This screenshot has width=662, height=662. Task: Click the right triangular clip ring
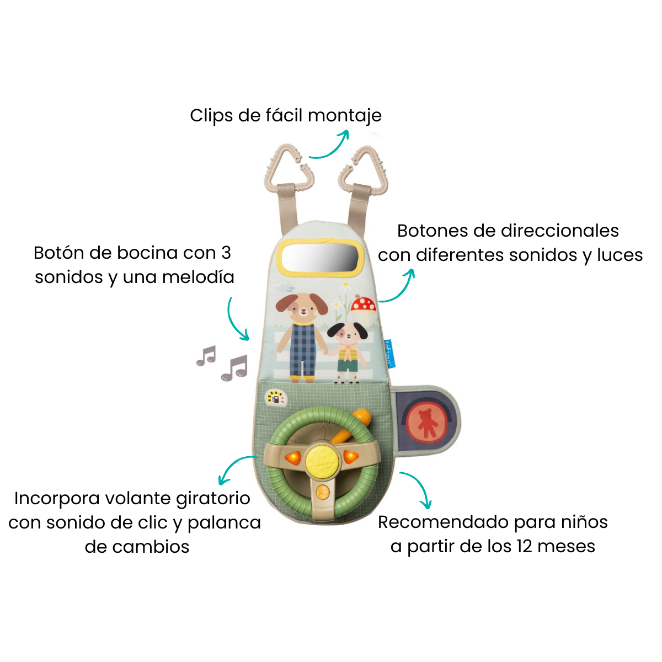tap(381, 173)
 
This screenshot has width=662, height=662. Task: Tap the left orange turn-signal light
tap(292, 458)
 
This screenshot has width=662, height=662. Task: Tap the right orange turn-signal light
tap(351, 457)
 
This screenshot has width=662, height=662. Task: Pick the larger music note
tap(234, 368)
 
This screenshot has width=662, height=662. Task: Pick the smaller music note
tap(206, 355)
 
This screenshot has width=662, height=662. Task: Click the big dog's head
tap(302, 308)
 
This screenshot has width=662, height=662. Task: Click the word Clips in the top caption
tap(211, 116)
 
